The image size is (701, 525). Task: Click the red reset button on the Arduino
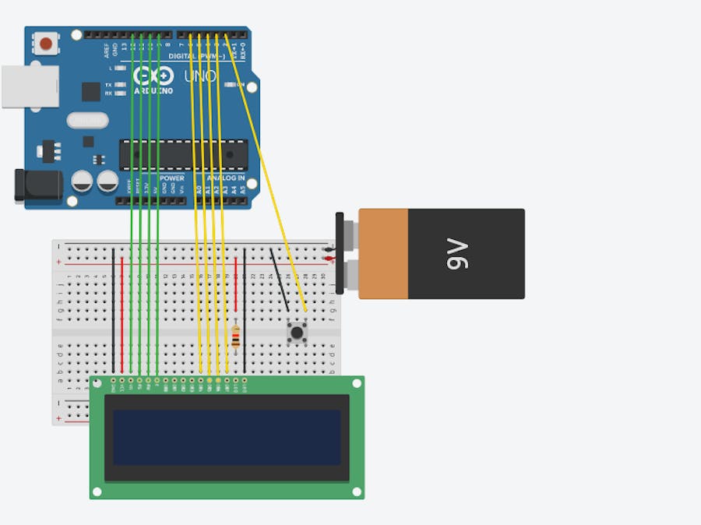pos(47,43)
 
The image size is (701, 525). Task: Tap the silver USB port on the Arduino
pos(30,86)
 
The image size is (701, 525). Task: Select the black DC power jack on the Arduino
pos(37,185)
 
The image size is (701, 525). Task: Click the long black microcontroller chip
pos(183,154)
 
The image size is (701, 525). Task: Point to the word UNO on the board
pos(199,76)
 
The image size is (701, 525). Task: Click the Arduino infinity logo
pos(153,76)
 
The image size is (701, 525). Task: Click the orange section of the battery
pos(383,253)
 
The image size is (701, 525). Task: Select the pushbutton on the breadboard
pos(297,333)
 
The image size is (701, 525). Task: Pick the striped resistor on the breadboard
pos(236,338)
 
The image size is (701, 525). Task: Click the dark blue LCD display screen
pos(227,437)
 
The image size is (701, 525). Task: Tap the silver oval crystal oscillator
pos(87,120)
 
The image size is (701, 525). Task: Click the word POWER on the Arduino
pos(172,178)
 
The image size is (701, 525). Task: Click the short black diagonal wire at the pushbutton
pos(279,280)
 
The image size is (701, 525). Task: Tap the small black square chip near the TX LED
pos(91,91)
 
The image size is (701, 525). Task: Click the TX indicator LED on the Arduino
pos(120,84)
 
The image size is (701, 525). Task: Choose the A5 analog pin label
pos(242,189)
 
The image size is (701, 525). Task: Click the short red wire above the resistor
pos(235,284)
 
